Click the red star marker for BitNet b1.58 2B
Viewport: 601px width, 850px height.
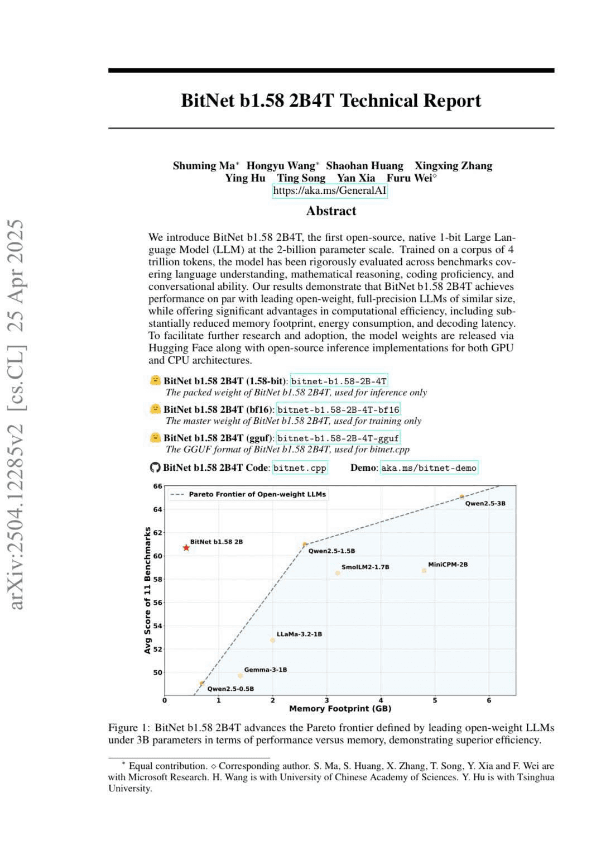pos(186,548)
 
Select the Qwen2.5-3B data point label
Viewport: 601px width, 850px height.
pos(485,503)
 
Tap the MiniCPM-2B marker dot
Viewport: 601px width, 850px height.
pos(424,571)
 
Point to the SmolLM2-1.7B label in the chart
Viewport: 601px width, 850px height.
pos(365,567)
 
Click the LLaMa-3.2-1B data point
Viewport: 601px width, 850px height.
pos(273,640)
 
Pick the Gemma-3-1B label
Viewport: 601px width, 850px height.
pos(265,670)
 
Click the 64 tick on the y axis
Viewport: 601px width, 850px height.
pos(157,509)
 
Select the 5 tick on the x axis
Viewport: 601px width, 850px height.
pos(435,700)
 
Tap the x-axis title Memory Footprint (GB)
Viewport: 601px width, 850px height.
pos(340,709)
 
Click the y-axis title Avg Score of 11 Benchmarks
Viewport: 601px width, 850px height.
pos(148,590)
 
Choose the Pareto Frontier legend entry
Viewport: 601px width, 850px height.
pos(248,494)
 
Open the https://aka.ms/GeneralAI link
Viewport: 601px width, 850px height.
pos(330,191)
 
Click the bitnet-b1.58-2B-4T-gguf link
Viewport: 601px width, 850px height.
pos(338,438)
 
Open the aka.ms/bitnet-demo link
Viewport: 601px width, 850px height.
pos(429,468)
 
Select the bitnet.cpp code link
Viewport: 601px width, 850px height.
pos(300,468)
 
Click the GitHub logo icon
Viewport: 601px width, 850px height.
pos(155,467)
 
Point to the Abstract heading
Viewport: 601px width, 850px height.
pos(331,211)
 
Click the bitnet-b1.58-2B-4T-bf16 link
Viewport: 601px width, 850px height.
pos(338,409)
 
